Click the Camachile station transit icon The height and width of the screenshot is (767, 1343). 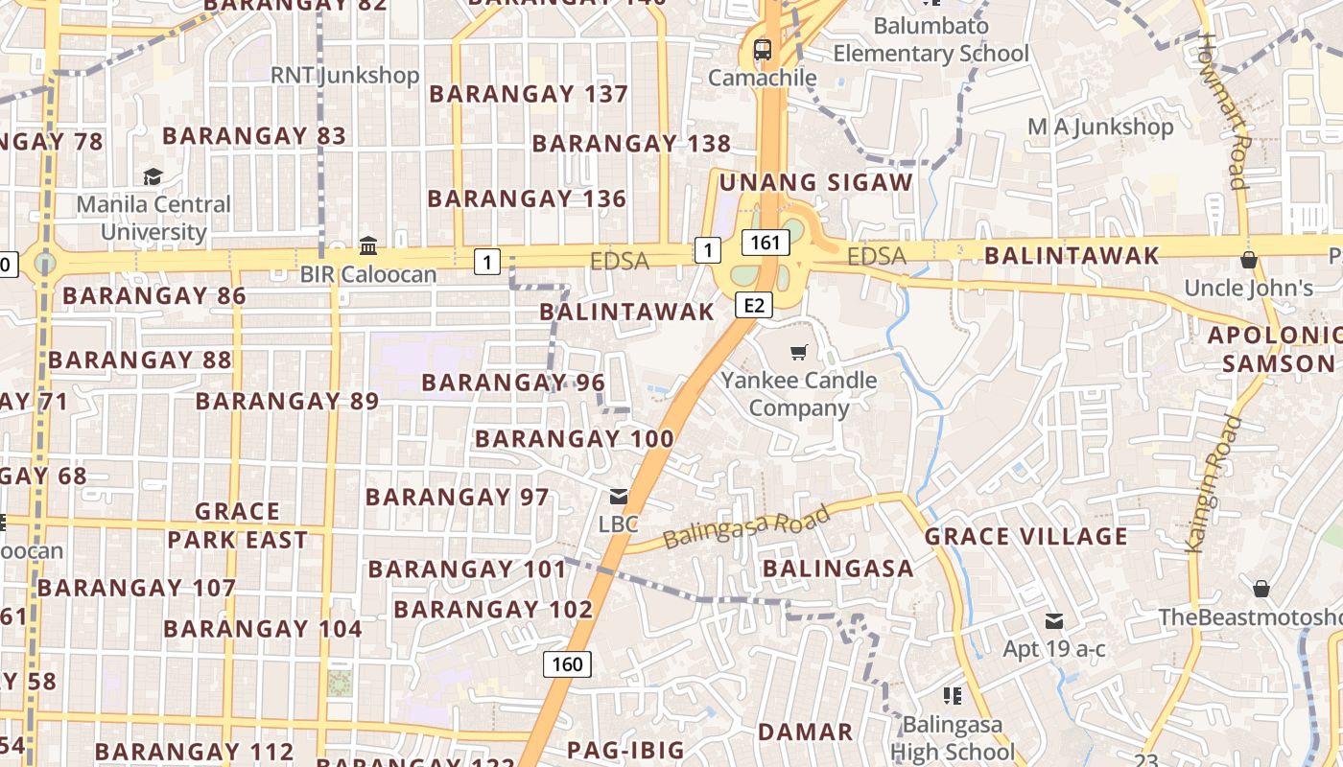click(x=763, y=48)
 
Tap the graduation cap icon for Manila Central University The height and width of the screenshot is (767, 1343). click(x=153, y=176)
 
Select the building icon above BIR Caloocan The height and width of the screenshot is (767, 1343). click(x=367, y=245)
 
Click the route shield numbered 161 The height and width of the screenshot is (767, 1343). click(x=766, y=243)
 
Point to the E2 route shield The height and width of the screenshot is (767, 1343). click(x=754, y=305)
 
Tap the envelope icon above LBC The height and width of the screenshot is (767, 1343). click(x=619, y=497)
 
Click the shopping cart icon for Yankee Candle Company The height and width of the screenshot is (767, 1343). click(x=799, y=353)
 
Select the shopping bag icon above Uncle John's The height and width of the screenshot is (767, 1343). click(x=1248, y=259)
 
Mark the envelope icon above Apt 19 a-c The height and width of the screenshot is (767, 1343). click(x=1054, y=620)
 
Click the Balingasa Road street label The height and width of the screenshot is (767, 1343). click(x=746, y=527)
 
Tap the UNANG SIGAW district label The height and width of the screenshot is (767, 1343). click(x=815, y=182)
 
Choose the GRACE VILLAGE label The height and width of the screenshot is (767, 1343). click(x=1025, y=536)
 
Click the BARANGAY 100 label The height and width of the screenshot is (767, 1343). click(x=574, y=439)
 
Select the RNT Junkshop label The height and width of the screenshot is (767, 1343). click(x=344, y=75)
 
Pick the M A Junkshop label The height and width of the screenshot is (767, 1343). click(x=1100, y=127)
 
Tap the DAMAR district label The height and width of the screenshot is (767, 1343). click(x=805, y=732)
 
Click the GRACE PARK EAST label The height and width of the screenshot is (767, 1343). click(x=237, y=525)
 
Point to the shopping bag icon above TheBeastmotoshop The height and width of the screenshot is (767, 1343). click(x=1261, y=588)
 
